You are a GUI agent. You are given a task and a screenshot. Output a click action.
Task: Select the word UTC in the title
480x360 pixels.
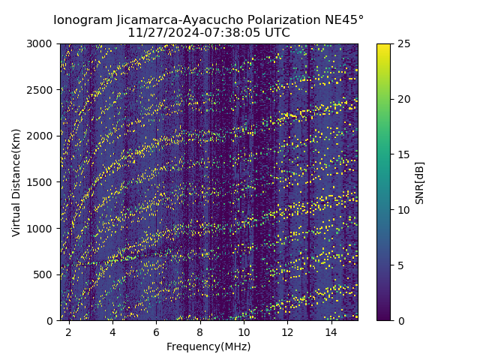click(275, 33)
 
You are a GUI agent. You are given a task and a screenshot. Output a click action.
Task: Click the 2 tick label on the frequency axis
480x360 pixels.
click(69, 331)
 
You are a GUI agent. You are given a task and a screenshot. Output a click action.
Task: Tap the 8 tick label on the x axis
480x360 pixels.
click(200, 331)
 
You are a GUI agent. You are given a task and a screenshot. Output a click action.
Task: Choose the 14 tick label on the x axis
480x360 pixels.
click(331, 331)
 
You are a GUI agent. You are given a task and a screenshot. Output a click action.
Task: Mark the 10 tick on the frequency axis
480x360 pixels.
click(244, 331)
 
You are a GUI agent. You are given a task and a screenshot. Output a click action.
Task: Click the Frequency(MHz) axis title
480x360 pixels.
click(208, 346)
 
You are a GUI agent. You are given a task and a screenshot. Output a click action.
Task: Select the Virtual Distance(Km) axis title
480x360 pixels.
click(16, 182)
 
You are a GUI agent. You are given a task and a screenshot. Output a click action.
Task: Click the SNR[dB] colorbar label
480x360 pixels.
click(420, 182)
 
